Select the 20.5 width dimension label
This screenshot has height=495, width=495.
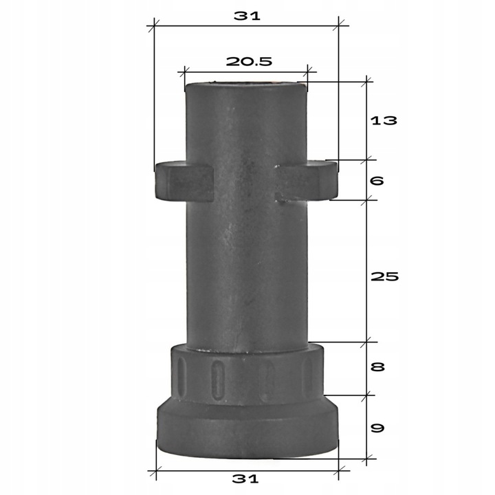249,60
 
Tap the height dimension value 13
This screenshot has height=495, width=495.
384,121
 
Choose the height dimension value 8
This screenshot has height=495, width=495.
377,367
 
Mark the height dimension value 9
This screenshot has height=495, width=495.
377,428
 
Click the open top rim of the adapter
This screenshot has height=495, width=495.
245,86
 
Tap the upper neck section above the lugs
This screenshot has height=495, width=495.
245,124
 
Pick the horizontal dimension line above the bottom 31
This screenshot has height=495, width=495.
247,471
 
